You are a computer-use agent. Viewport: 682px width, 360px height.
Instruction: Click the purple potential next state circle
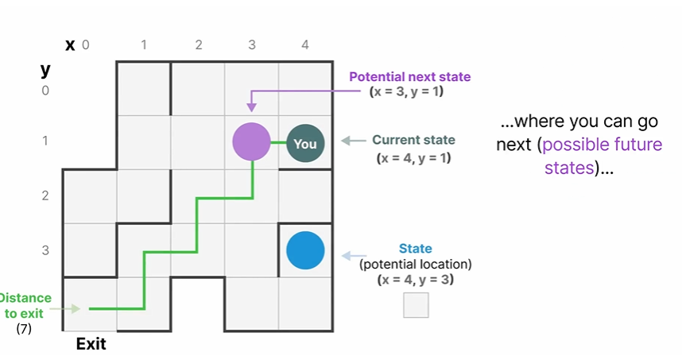[252, 142]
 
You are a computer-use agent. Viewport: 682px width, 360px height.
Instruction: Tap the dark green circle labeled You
[305, 144]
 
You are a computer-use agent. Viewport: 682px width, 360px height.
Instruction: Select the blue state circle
[305, 250]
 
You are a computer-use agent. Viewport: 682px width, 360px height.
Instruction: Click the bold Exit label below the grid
[91, 345]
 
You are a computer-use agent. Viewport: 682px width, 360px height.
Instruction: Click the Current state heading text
[413, 140]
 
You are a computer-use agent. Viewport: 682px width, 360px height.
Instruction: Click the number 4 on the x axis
[305, 46]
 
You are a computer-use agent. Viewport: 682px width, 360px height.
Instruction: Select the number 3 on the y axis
[45, 250]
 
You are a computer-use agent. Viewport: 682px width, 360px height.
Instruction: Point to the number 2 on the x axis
[198, 46]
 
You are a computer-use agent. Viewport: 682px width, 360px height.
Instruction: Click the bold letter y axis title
[45, 70]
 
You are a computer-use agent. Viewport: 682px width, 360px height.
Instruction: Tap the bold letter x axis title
[70, 46]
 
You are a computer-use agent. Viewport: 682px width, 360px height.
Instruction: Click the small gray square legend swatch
[416, 305]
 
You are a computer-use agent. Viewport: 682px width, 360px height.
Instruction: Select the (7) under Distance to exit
[24, 327]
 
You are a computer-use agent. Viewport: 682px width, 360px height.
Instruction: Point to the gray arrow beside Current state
[352, 141]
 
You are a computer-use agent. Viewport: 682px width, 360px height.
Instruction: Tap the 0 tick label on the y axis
[45, 91]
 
